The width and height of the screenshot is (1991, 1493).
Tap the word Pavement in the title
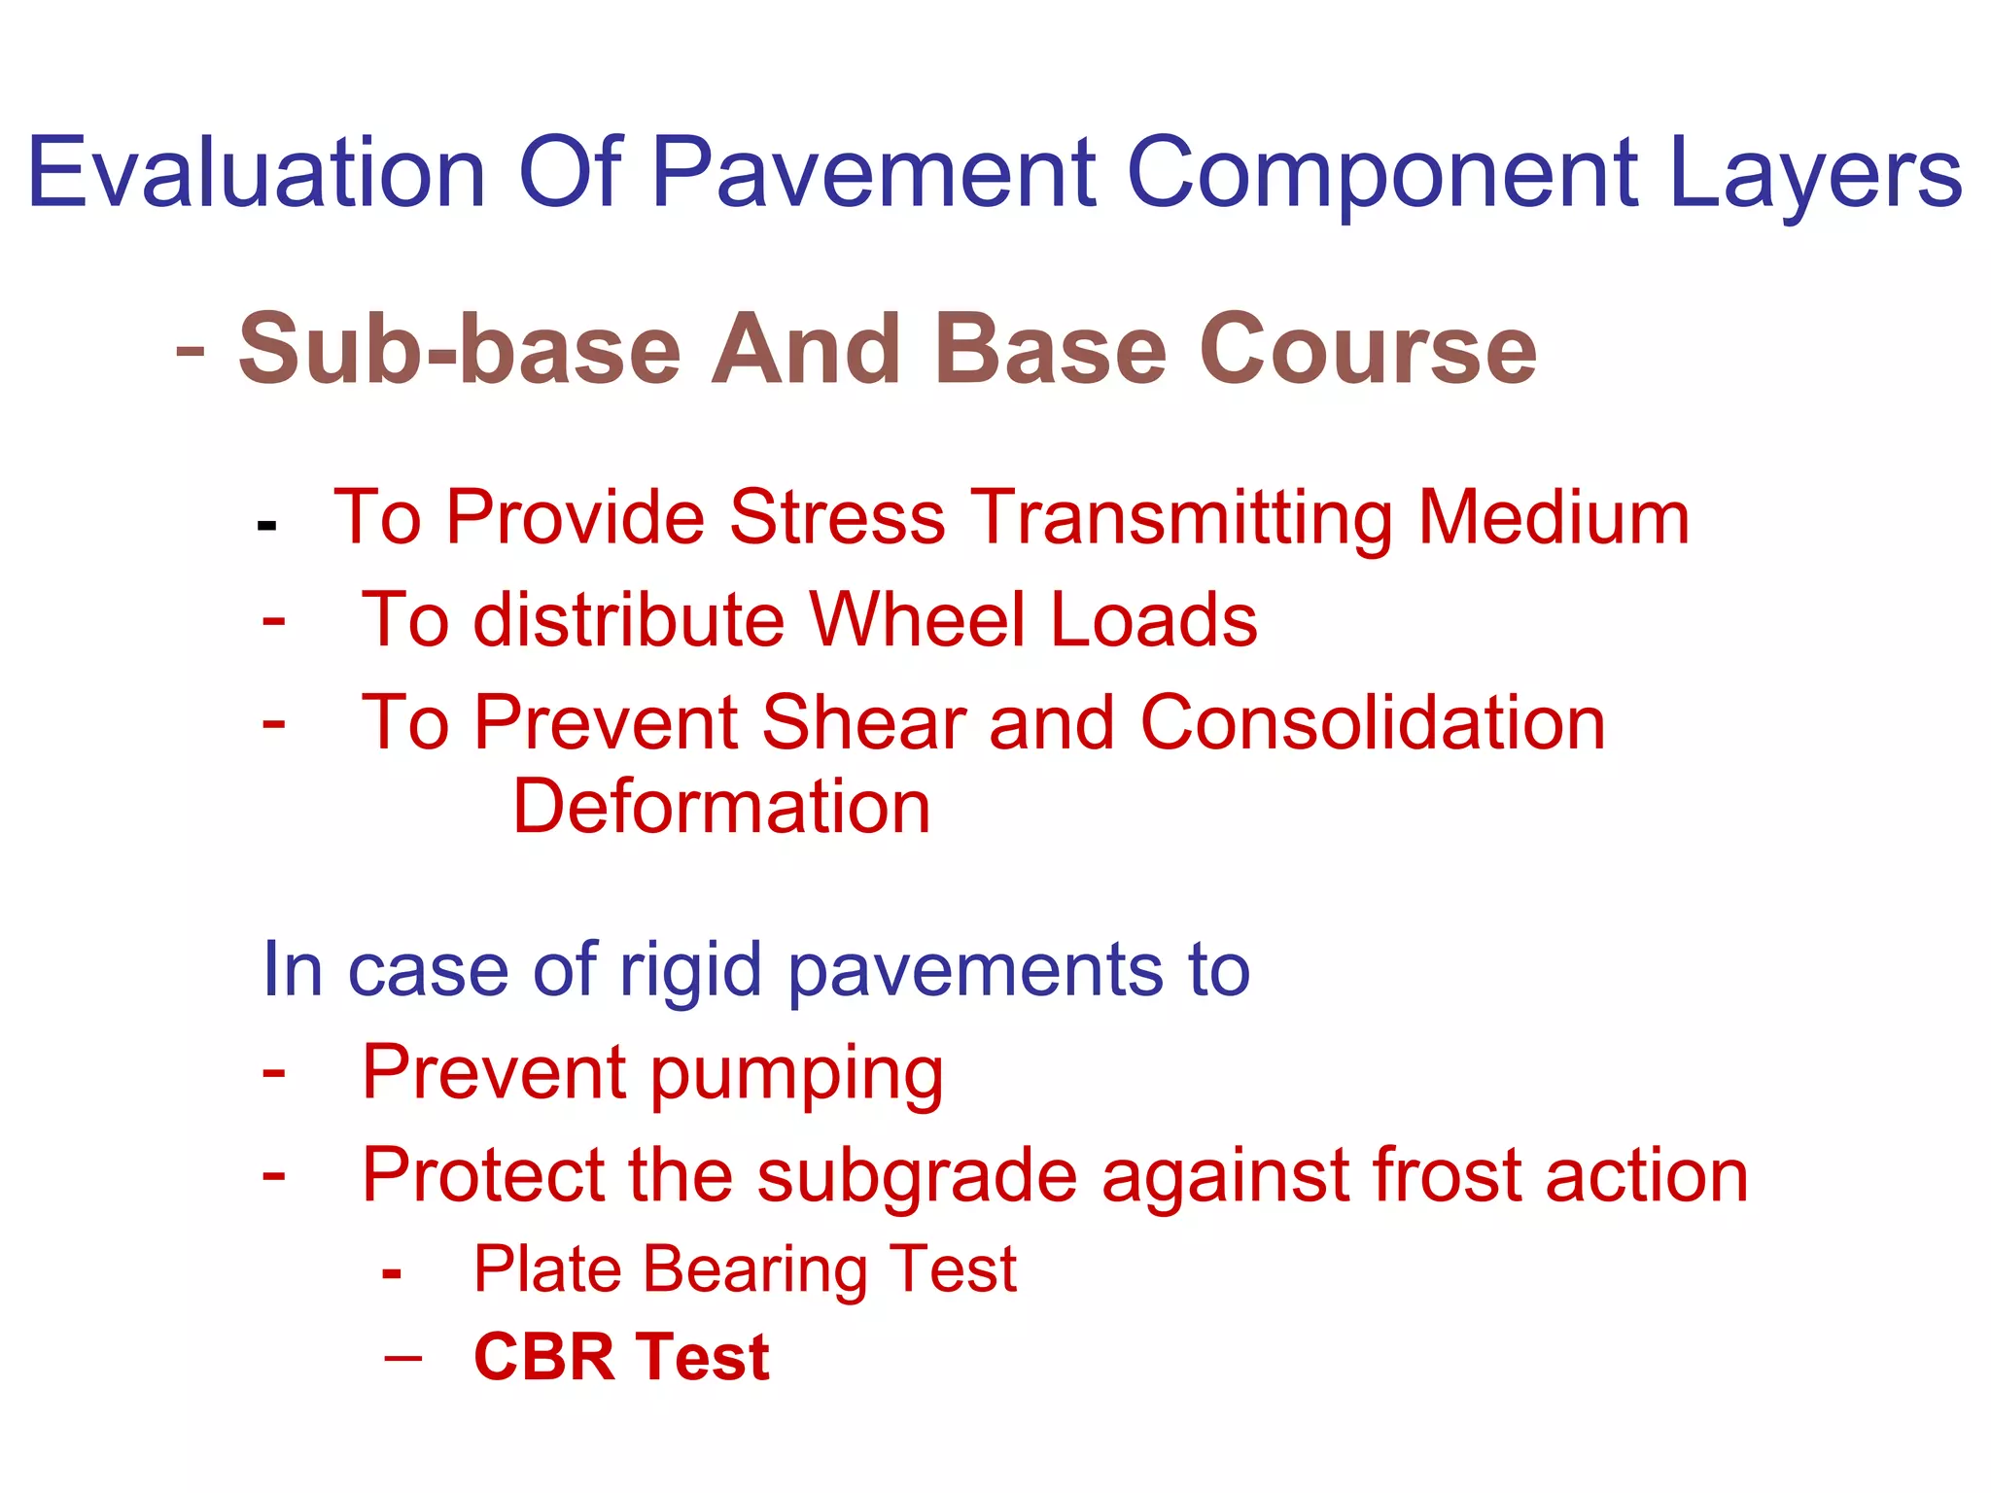pos(873,173)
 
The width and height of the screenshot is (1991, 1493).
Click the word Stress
pos(837,517)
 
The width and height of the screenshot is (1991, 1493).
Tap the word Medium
pos(1553,517)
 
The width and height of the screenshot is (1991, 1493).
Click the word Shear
pos(862,723)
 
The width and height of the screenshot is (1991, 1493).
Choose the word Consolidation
pos(1372,723)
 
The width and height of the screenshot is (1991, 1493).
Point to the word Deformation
pos(721,807)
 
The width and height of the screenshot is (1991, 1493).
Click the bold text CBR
pos(543,1357)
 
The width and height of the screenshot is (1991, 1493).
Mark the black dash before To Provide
pos(267,526)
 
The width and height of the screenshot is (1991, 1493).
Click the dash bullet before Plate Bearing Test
pos(392,1272)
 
